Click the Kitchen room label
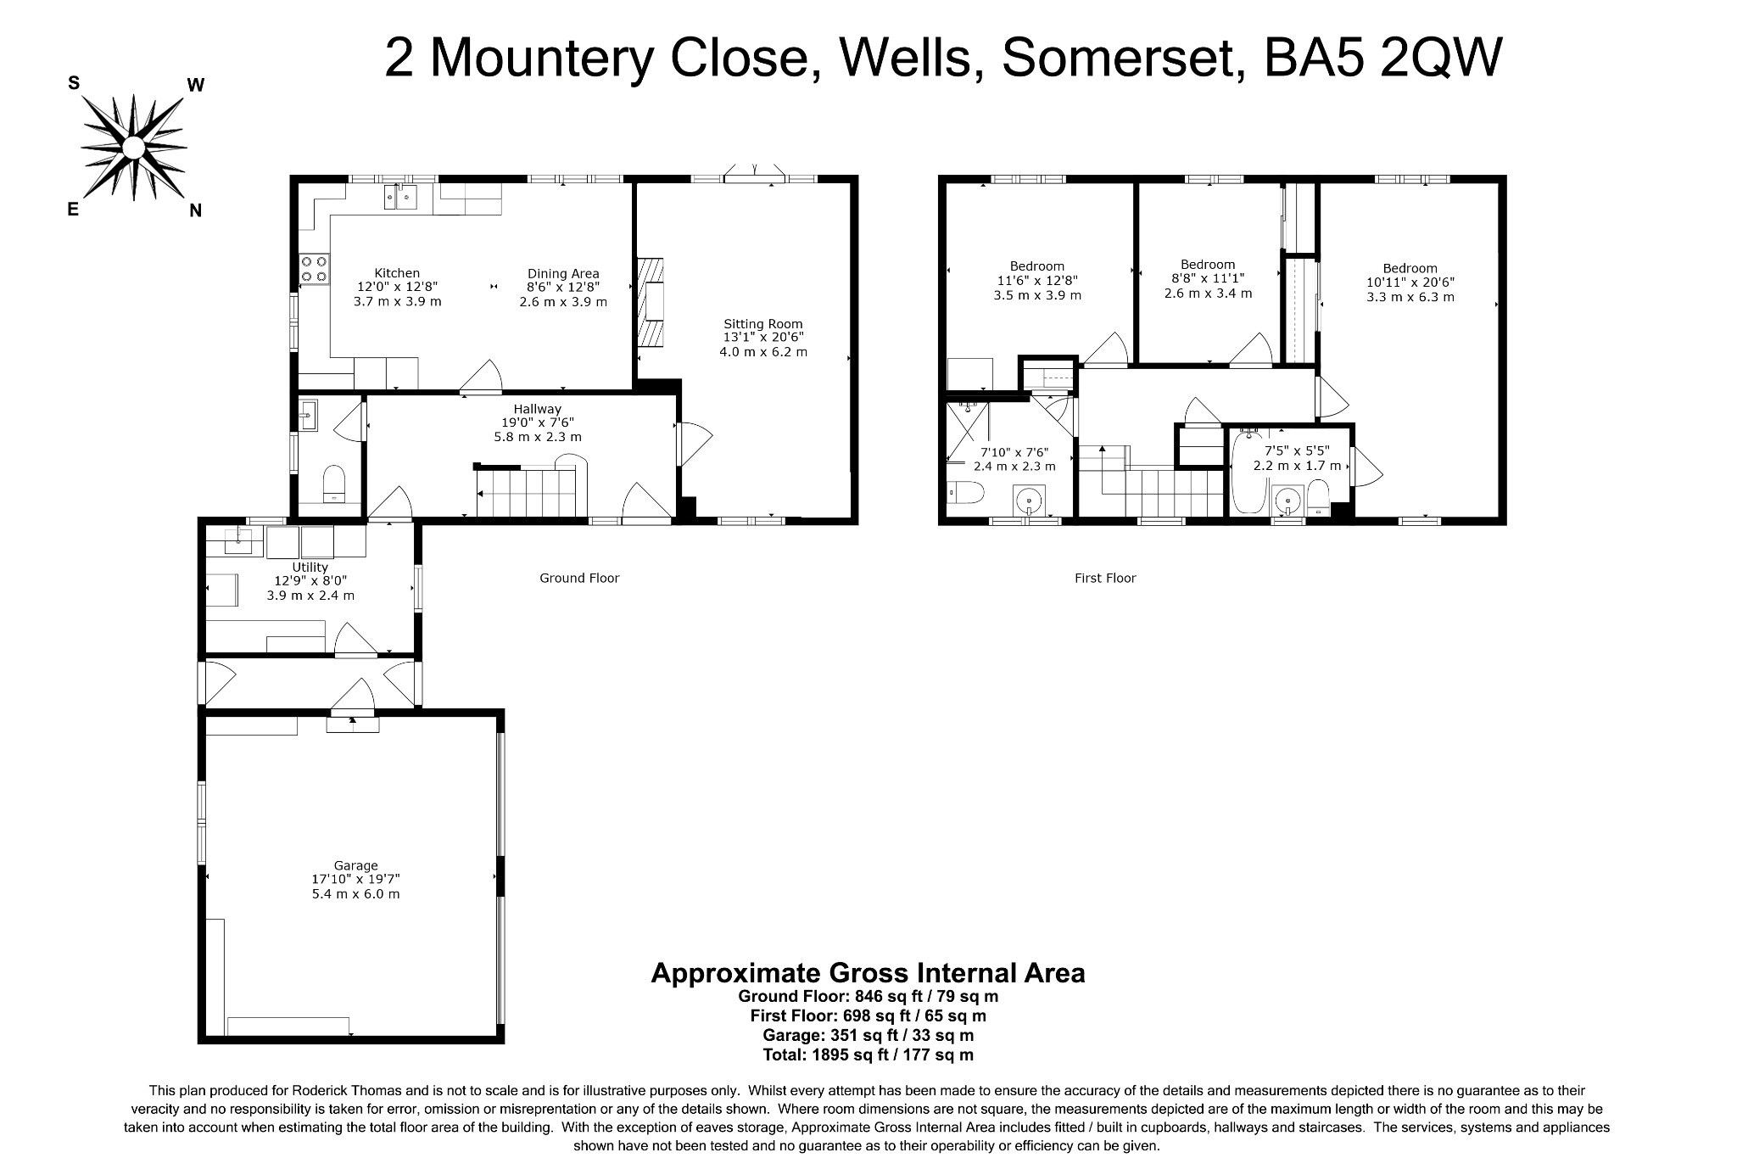tap(397, 273)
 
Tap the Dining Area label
tap(563, 273)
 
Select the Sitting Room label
tap(762, 323)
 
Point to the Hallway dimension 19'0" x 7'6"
tap(538, 422)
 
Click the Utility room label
tap(310, 567)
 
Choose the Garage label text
tap(355, 865)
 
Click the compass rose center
tap(133, 148)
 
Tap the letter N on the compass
tap(195, 211)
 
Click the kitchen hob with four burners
tap(314, 269)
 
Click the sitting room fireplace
tap(651, 301)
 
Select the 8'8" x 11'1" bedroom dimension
tap(1208, 279)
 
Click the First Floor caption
tap(1104, 578)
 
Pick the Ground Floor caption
tap(579, 578)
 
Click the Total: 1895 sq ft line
tap(868, 1055)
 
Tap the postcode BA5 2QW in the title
tap(1382, 58)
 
